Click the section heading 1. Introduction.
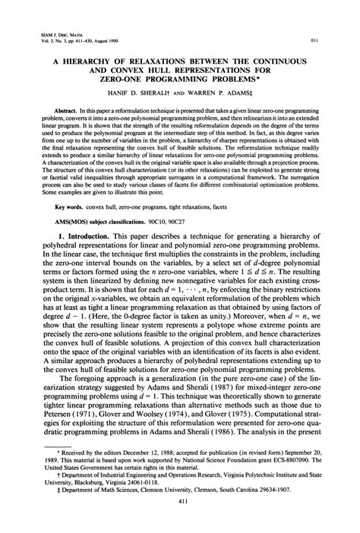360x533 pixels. point(83,239)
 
